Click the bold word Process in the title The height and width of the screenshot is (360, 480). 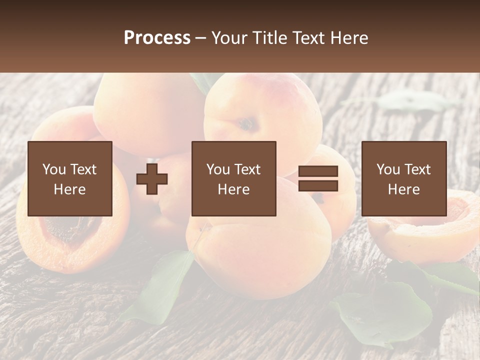(x=157, y=38)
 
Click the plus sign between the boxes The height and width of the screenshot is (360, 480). (x=152, y=178)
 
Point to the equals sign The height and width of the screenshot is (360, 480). (x=318, y=178)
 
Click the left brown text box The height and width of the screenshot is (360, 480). (x=70, y=178)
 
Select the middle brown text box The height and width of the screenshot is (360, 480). (x=234, y=178)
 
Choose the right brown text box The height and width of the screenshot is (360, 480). (x=404, y=178)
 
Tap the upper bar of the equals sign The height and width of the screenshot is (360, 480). (x=318, y=171)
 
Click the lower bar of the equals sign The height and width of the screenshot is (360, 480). (x=318, y=186)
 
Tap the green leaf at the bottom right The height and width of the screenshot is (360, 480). (x=385, y=310)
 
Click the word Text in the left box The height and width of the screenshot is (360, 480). (x=84, y=169)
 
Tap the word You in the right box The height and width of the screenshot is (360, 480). (x=388, y=169)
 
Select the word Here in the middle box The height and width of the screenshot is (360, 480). (x=234, y=189)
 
